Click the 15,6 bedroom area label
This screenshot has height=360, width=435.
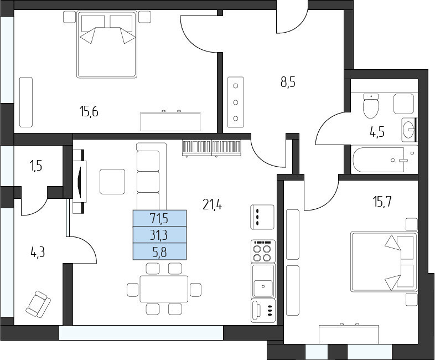point(89,112)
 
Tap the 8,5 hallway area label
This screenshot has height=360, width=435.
point(288,83)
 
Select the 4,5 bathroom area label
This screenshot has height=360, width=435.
point(377,132)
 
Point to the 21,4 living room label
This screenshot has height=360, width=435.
point(212,205)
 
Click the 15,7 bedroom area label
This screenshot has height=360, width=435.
point(382,202)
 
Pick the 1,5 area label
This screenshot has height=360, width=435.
point(37,166)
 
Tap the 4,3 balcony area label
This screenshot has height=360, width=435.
point(38,253)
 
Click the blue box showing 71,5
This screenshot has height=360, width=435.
point(159,218)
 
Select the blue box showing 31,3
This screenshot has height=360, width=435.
point(159,235)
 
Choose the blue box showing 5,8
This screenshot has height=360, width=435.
point(159,251)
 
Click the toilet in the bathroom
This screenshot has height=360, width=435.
point(371,106)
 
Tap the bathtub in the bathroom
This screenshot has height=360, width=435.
point(385,160)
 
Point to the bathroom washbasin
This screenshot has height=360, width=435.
point(409,130)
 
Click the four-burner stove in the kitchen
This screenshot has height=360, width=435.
point(263,251)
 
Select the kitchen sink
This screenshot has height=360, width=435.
point(263,281)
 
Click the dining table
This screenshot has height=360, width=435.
point(164,289)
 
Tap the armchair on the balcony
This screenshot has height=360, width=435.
point(38,304)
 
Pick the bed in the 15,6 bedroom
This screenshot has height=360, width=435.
point(107,44)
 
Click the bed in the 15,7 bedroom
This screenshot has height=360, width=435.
point(384,261)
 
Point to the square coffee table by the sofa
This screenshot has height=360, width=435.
point(112,182)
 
